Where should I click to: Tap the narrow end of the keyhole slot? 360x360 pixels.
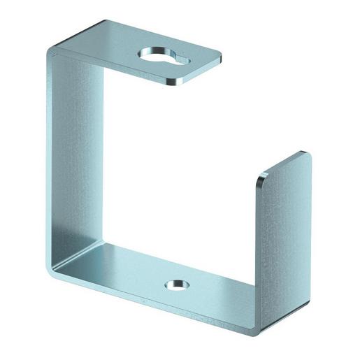pyautogui.click(x=180, y=62)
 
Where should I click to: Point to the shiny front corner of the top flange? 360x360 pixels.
pyautogui.click(x=174, y=83)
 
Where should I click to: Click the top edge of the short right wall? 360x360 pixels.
pyautogui.click(x=283, y=165)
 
